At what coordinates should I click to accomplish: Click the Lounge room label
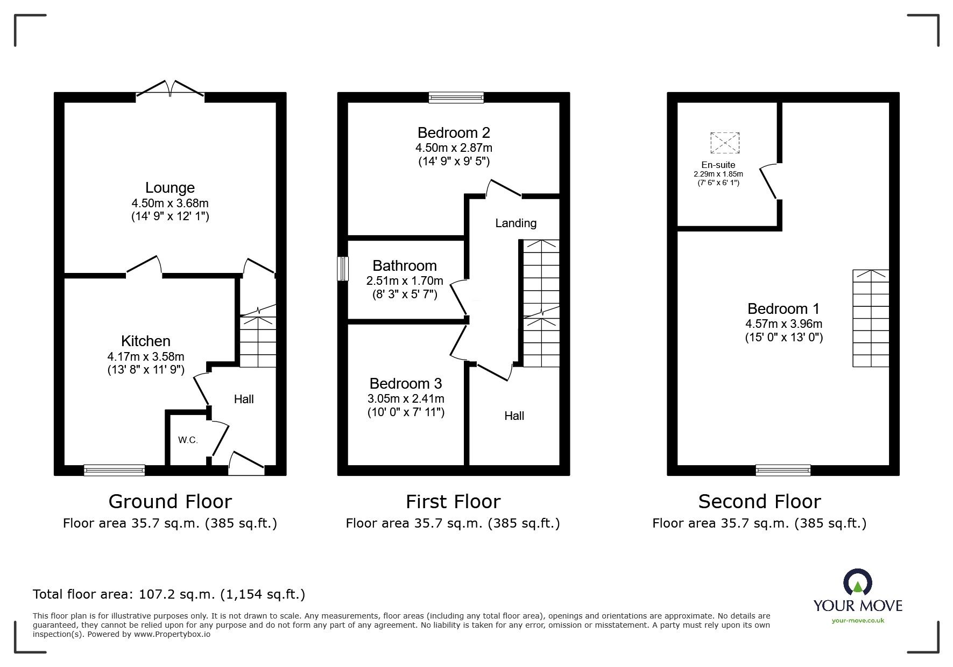(170, 188)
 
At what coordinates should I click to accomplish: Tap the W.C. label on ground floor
(188, 440)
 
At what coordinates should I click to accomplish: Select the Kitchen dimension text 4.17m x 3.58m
(146, 356)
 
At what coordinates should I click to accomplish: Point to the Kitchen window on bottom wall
(114, 470)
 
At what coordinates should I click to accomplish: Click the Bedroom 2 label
(454, 132)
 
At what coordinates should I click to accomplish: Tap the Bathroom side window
(343, 269)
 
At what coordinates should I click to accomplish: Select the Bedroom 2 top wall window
(456, 97)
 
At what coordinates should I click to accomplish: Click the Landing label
(516, 223)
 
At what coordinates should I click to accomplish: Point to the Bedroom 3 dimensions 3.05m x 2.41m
(406, 399)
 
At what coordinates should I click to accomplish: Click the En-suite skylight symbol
(725, 143)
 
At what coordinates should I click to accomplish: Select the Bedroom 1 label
(783, 309)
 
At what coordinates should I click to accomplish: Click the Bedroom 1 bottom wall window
(783, 470)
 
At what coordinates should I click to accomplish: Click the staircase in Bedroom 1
(870, 318)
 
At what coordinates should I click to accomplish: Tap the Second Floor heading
(759, 502)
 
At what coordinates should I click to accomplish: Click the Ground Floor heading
(170, 502)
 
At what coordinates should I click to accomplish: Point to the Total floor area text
(169, 594)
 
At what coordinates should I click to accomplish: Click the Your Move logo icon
(857, 583)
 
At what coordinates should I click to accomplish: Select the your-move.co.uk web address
(858, 621)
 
